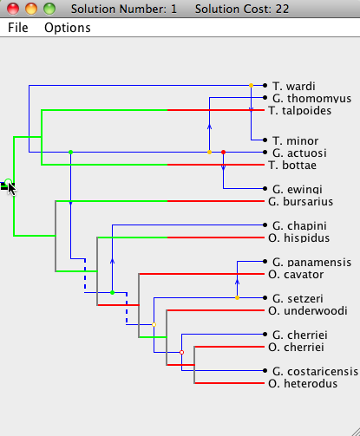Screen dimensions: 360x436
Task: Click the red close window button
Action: [13, 9]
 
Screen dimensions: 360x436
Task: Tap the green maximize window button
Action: [49, 9]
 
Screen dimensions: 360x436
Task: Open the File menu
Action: [18, 28]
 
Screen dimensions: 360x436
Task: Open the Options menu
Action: [68, 28]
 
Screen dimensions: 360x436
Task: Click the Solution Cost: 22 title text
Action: [242, 9]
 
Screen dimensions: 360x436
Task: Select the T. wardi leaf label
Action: [294, 86]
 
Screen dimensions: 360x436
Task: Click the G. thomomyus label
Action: [311, 98]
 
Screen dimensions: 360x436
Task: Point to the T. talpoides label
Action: [299, 110]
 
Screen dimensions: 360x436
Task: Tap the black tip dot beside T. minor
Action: [265, 140]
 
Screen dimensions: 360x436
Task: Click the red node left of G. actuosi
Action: [223, 152]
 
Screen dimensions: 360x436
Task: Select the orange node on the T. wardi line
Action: [251, 85]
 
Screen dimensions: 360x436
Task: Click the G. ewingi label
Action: [298, 189]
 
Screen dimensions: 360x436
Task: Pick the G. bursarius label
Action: [300, 201]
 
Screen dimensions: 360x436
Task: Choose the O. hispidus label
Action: [299, 238]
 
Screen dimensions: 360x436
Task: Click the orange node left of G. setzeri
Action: [237, 297]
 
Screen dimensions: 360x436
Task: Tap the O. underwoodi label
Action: [308, 310]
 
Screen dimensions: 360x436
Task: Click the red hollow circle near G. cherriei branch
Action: [181, 352]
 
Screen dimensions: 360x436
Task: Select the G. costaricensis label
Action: [315, 371]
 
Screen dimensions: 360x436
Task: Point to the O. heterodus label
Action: [303, 383]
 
